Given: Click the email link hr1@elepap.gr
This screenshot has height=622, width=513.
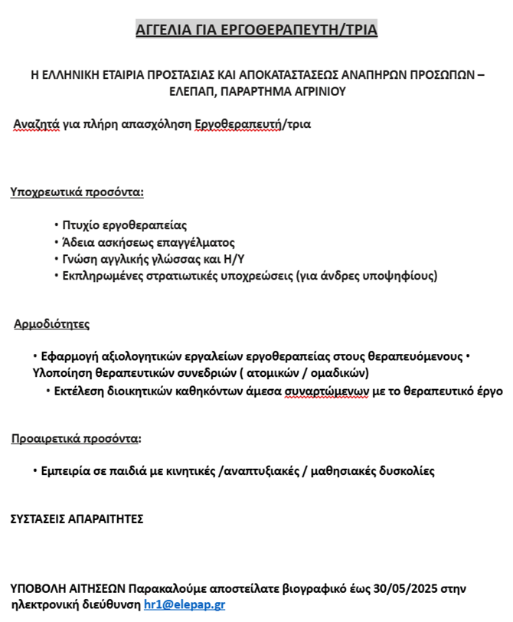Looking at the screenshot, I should point(185,604).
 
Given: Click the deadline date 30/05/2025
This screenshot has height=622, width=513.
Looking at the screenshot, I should point(407,589).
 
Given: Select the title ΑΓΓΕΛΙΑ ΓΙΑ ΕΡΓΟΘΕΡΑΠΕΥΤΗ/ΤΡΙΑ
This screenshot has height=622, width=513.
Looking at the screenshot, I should point(256,31).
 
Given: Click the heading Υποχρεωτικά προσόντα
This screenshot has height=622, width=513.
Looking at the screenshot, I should point(77,192).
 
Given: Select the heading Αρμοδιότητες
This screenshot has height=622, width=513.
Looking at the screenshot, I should point(51,324).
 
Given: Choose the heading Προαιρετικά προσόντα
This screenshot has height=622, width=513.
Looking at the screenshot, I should point(75,439).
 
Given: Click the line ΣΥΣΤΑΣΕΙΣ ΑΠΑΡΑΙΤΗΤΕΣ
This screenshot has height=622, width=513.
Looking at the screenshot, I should point(77,519).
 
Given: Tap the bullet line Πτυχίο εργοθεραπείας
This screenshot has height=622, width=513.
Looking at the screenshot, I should point(125,225).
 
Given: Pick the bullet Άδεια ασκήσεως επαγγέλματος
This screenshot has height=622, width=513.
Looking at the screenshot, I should point(149,242).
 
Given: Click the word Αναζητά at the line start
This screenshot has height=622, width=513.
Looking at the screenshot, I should point(38,123).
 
